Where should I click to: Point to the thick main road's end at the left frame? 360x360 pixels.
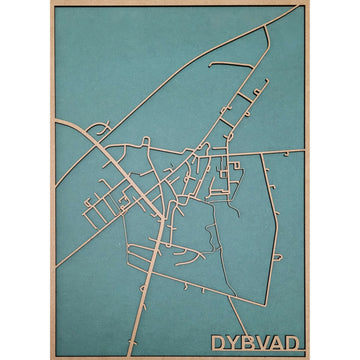click(56, 122)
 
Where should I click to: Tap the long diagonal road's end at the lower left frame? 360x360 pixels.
click(56, 266)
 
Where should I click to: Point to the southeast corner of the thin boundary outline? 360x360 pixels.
click(265, 304)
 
